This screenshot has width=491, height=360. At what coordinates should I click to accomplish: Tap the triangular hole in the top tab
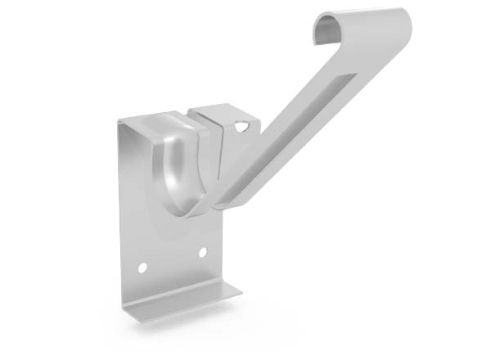point(241,127)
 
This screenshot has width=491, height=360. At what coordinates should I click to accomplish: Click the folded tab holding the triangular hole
point(233,123)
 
